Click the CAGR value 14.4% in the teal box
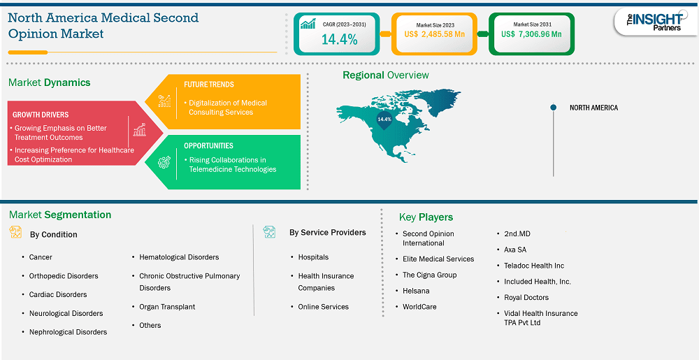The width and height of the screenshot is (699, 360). (x=339, y=39)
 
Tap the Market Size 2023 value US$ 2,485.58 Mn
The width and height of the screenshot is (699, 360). (x=433, y=34)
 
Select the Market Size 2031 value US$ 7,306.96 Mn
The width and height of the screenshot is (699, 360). (x=531, y=34)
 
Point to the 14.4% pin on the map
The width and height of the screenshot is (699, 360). (x=384, y=120)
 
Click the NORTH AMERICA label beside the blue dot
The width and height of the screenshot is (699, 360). (x=593, y=108)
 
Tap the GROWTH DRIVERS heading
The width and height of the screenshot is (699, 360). (x=41, y=115)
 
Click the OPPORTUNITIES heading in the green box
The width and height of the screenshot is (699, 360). (x=208, y=145)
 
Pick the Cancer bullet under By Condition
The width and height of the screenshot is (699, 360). (x=41, y=257)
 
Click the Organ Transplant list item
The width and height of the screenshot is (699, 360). (x=167, y=307)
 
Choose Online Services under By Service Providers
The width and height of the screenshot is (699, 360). (x=323, y=307)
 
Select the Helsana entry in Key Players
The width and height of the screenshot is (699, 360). (x=416, y=291)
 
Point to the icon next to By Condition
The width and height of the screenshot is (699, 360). (x=15, y=232)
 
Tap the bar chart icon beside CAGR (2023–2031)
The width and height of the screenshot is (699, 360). (x=308, y=24)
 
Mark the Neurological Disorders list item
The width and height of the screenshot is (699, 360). (x=66, y=313)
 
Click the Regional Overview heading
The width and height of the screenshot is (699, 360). (x=386, y=75)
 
